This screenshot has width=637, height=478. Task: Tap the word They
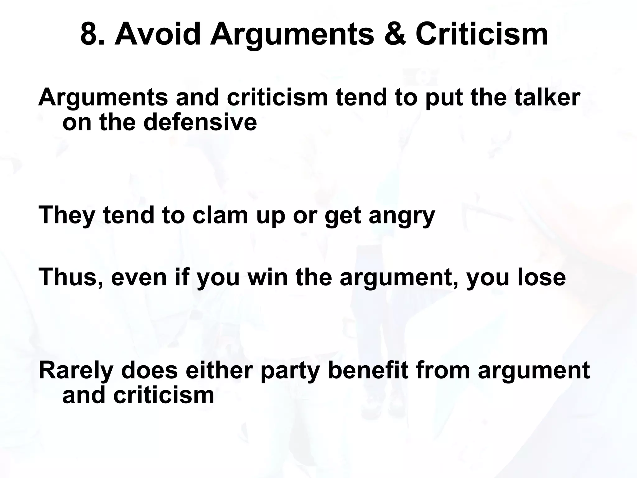(x=67, y=215)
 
